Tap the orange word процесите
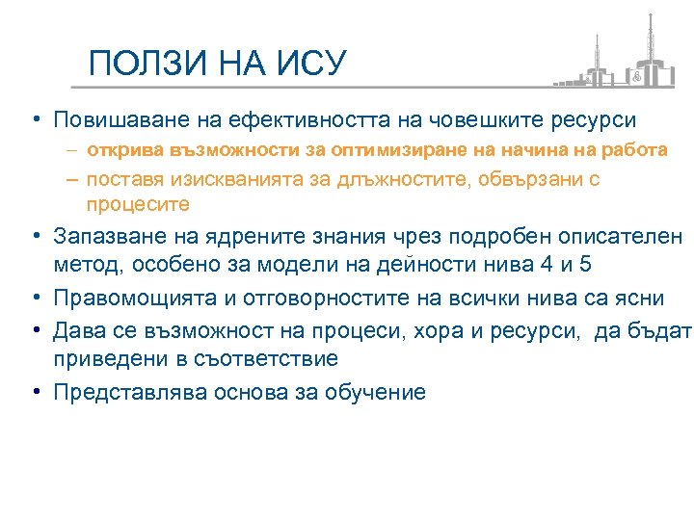pyautogui.click(x=138, y=204)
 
